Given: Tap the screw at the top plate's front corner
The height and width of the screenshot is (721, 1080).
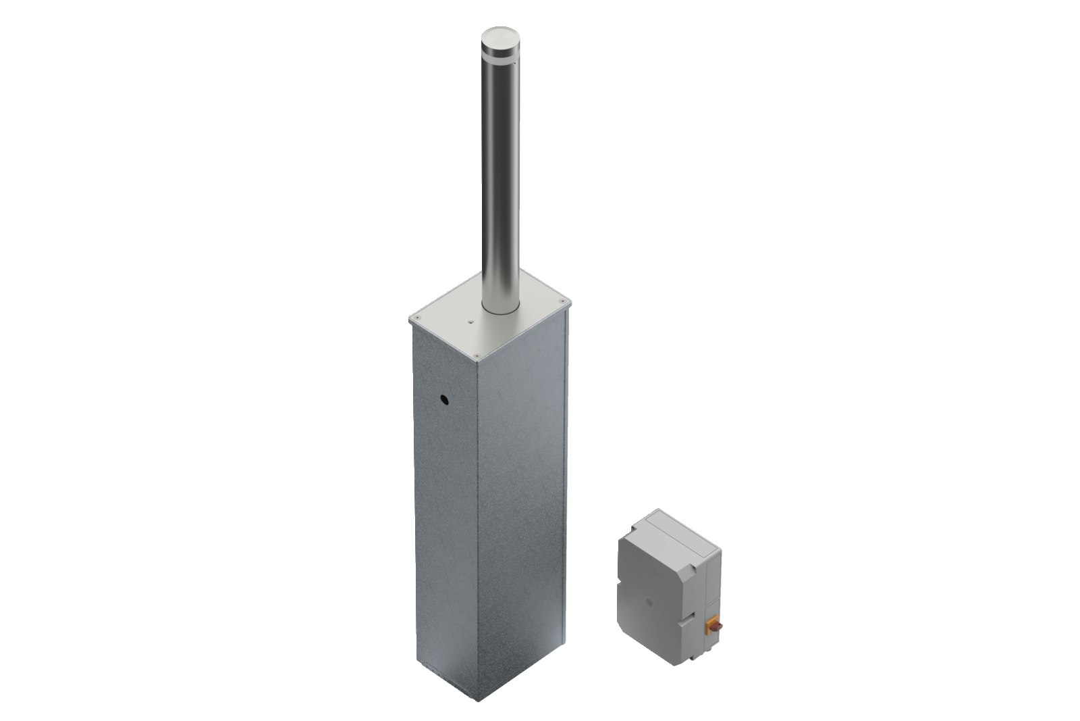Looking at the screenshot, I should coord(478,353).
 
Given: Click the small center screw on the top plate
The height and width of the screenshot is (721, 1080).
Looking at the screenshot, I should coord(471,323).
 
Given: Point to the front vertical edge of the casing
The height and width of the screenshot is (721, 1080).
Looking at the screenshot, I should coord(479,507).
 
